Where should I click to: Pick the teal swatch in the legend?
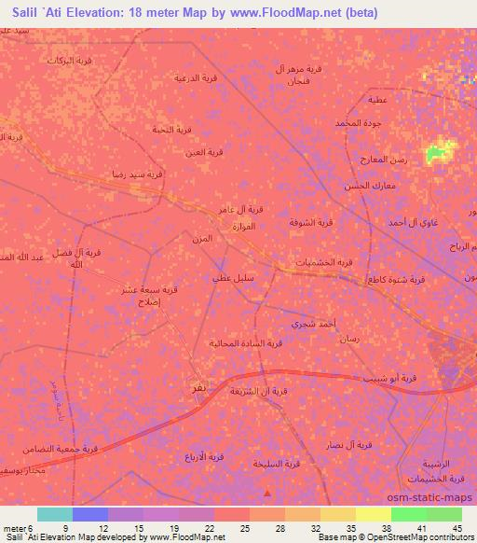54,514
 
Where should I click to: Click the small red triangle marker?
270,494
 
